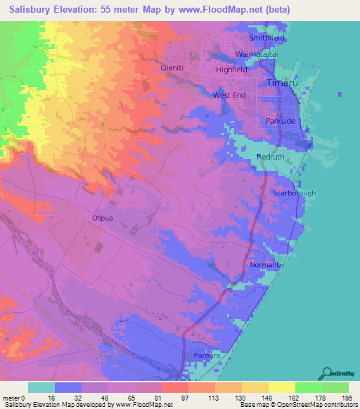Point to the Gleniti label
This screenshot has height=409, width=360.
[172, 68]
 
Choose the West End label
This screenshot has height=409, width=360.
[229, 95]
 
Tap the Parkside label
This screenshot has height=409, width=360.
[281, 122]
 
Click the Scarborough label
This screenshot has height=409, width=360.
[294, 193]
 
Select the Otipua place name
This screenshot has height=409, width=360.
[103, 218]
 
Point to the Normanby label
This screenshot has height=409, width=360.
[266, 265]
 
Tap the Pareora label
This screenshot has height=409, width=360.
[208, 356]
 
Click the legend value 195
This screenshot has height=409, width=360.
[347, 397]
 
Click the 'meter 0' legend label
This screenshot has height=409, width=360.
[13, 397]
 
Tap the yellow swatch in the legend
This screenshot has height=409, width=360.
[281, 387]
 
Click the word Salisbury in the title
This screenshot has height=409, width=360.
[29, 9]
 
